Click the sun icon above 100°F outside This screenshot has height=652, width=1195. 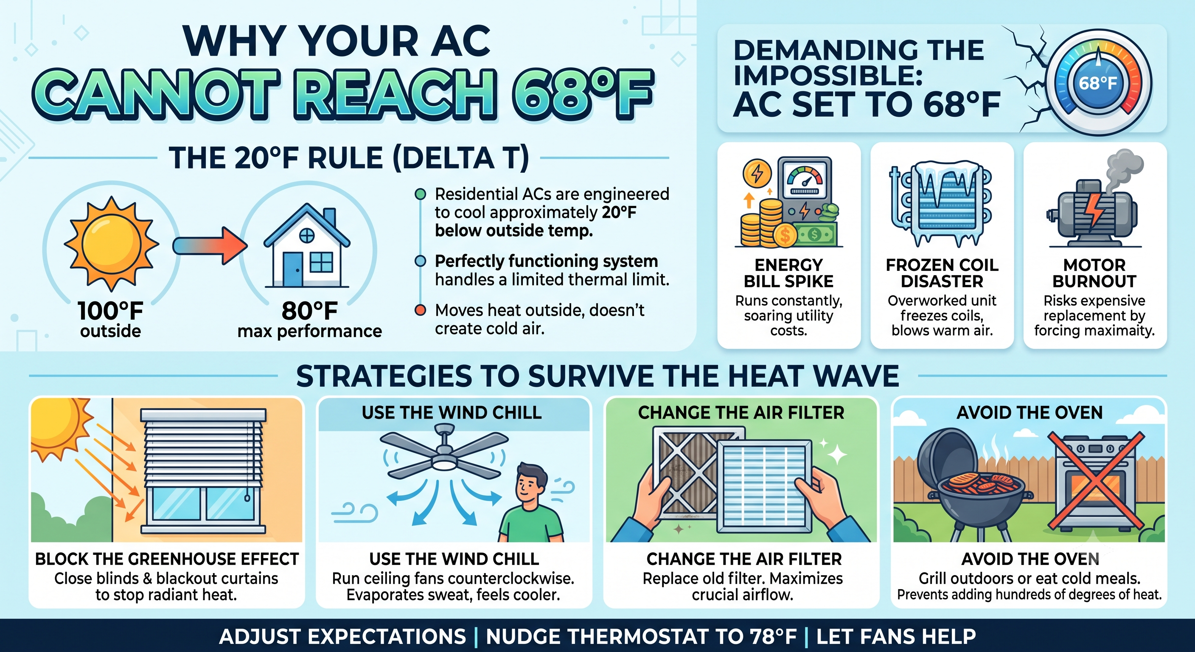111,243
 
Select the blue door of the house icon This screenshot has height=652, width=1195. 293,270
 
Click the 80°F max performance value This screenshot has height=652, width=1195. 309,311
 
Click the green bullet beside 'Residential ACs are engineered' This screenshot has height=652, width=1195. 420,194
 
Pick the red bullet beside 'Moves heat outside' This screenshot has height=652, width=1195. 420,310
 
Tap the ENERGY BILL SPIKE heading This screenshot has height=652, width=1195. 788,273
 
